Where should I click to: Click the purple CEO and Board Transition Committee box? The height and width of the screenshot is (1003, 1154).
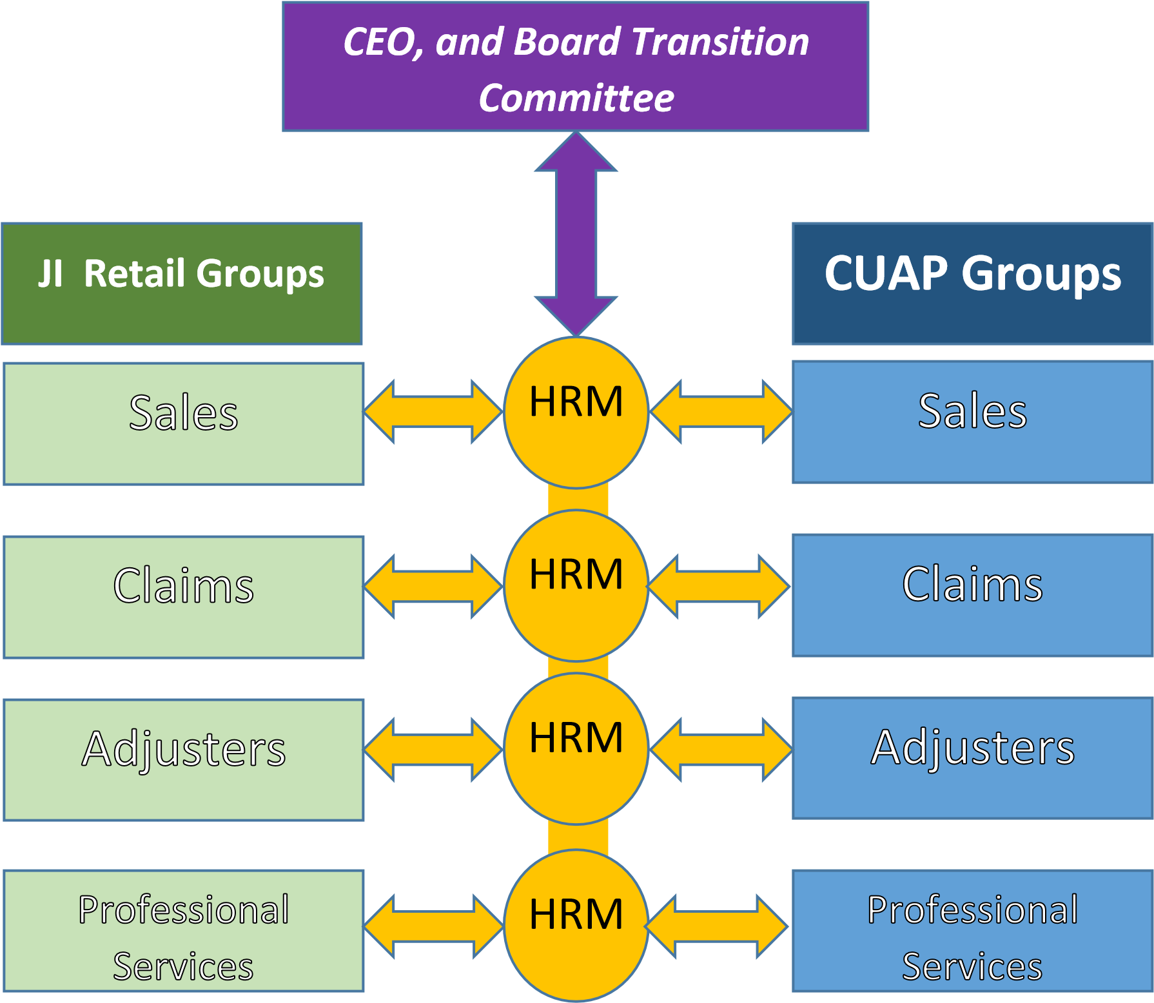point(575,66)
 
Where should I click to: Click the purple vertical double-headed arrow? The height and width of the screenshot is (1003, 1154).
point(576,233)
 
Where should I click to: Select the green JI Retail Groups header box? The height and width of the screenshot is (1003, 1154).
point(182,283)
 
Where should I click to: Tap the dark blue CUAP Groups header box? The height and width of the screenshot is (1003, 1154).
point(972,283)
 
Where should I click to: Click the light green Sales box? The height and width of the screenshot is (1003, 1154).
point(184,424)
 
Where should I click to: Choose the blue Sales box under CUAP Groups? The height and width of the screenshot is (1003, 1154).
point(972,422)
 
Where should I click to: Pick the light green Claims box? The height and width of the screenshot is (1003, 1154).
point(184,597)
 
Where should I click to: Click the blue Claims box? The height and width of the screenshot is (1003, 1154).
point(972,595)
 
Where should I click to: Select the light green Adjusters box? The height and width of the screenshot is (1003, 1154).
point(184,759)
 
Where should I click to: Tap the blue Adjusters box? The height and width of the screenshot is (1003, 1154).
point(972,757)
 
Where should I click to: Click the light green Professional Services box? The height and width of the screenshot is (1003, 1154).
point(184,930)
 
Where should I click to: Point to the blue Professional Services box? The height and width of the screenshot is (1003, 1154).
point(972,930)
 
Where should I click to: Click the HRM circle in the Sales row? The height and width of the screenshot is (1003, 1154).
point(576,412)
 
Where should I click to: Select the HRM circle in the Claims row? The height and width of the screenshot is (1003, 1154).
point(576,585)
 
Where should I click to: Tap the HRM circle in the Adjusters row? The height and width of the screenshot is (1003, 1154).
point(576,748)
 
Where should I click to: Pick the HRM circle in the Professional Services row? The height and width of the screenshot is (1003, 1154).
point(576,924)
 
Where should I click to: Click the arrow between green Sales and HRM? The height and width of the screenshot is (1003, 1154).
point(433,411)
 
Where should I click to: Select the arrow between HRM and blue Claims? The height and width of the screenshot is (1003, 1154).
point(719,586)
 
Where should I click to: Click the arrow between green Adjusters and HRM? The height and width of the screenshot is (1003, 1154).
point(433,749)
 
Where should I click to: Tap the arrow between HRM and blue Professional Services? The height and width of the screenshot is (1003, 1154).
point(716,926)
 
